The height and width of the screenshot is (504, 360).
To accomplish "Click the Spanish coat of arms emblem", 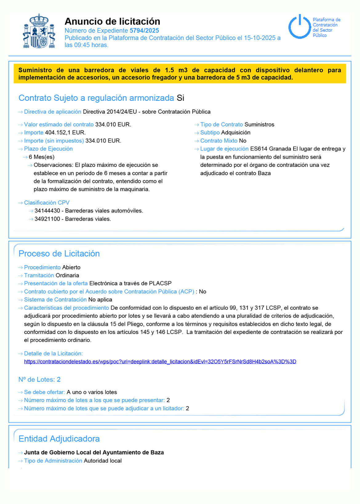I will (x=39, y=31).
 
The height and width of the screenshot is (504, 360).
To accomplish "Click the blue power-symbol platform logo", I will (x=299, y=27).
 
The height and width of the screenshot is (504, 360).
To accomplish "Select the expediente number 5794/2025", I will (x=144, y=30).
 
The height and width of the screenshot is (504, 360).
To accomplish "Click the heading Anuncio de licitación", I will (x=112, y=21).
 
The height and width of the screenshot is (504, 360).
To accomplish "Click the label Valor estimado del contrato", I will (x=59, y=125).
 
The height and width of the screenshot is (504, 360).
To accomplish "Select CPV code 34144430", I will (x=47, y=211).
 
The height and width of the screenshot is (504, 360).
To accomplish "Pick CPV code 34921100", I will (x=47, y=219).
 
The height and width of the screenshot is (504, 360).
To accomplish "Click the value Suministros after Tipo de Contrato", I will (x=259, y=125).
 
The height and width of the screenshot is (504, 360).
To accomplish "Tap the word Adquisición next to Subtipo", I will (x=236, y=133).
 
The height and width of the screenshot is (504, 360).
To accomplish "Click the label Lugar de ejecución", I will (x=224, y=149).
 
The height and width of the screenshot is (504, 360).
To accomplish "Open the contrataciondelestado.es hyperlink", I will (x=160, y=362).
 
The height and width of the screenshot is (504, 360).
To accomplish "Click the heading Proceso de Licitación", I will (x=59, y=253).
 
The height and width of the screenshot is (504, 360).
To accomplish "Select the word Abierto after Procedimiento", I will (x=71, y=267).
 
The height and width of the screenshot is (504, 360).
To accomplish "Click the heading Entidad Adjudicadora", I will (x=59, y=439).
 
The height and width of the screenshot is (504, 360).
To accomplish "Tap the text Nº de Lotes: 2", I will (x=39, y=379).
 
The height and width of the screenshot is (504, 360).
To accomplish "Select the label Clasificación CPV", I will (x=47, y=203).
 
